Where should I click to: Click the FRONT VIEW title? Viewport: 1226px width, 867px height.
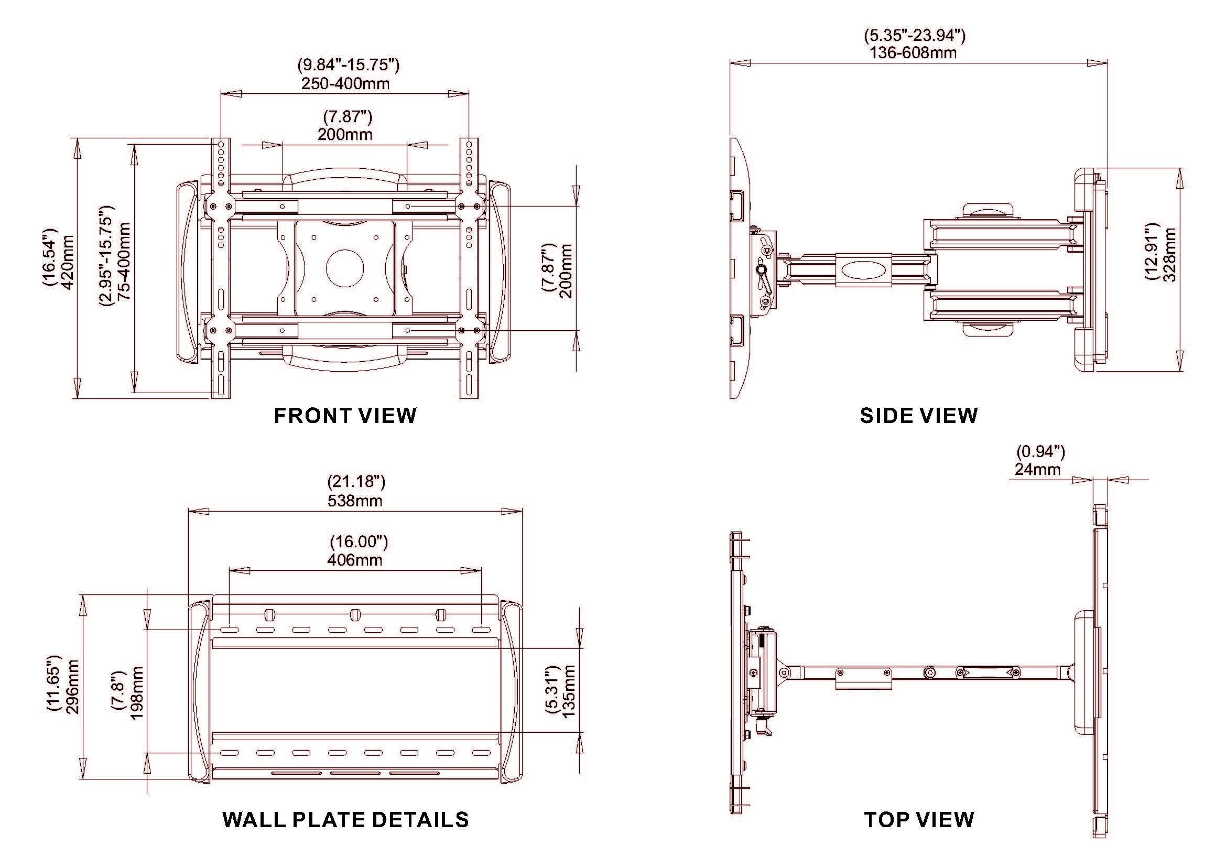coord(345,416)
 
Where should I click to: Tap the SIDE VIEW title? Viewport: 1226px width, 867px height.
coord(918,416)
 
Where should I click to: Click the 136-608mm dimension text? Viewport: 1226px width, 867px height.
coord(913,53)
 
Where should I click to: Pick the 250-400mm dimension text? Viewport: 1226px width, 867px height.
coord(345,84)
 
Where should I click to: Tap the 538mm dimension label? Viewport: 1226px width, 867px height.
coord(355,501)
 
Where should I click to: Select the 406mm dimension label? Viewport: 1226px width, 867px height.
coord(355,560)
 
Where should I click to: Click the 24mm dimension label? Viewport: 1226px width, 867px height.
coord(1037,469)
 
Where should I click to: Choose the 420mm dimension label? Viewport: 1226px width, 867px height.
coord(68,262)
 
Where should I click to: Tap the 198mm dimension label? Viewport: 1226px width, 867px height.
coord(137,693)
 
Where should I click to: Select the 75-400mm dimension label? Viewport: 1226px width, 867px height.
coord(124,262)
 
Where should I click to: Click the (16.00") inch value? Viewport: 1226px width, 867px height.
coord(359,542)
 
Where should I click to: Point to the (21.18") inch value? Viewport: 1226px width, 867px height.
coord(356,482)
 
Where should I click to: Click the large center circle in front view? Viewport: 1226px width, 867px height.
coord(345,266)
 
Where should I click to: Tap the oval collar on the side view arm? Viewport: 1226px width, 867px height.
coord(863,270)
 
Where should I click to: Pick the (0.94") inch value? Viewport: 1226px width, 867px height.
coord(1040,452)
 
